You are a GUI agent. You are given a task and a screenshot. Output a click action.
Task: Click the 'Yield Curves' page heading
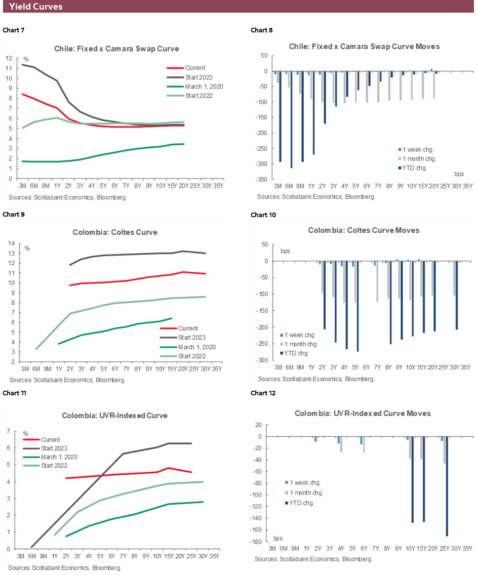coord(35,7)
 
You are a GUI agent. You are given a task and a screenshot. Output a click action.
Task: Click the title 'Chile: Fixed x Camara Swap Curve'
coord(116,49)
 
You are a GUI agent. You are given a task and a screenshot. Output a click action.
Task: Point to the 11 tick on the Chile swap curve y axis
coord(9,68)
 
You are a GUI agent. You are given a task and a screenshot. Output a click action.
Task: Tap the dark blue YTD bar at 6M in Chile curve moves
coord(291,119)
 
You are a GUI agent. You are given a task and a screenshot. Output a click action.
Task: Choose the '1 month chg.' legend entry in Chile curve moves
coord(418,159)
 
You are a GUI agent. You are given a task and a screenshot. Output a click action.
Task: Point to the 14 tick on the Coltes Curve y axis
coord(11,243)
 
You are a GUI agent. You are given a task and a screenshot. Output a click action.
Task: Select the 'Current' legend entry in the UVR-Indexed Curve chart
coord(51,440)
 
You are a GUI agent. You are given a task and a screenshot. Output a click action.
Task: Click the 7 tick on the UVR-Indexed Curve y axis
coord(9,431)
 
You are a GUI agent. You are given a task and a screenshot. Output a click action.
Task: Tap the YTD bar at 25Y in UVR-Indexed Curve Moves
coord(447,486)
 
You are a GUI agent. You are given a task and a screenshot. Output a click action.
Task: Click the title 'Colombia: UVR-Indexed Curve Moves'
coord(363,414)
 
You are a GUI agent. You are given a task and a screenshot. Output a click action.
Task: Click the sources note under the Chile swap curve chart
coord(67,197)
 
